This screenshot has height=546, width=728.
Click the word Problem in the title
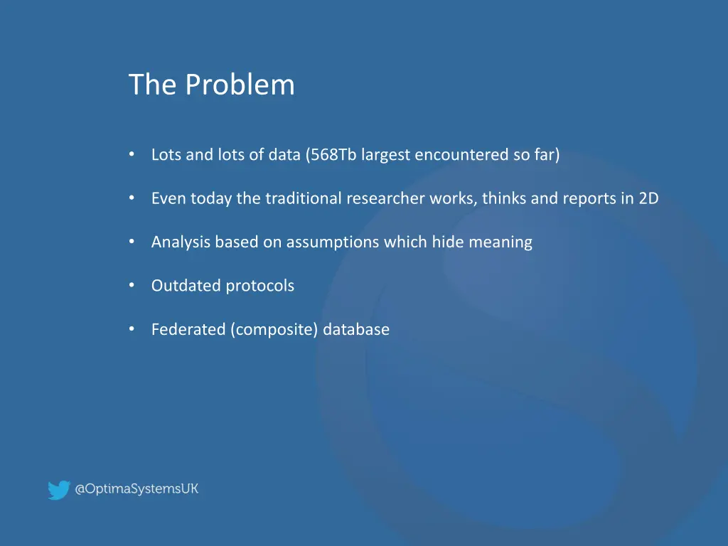point(240,85)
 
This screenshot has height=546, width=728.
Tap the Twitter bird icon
point(58,490)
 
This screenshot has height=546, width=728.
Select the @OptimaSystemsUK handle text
point(137,489)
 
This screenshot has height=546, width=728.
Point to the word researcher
point(385,199)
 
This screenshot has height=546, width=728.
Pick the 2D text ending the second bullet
point(648,199)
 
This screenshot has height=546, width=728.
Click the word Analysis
point(181,242)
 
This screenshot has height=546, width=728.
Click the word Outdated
point(186,286)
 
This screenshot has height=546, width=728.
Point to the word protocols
point(260,286)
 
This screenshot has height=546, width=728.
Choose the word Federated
point(188,330)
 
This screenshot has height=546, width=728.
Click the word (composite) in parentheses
point(274,330)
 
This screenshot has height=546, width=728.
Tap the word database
point(356,330)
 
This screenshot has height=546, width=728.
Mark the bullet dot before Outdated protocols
point(132,285)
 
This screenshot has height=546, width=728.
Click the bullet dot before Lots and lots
point(132,154)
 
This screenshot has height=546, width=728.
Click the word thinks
point(503,199)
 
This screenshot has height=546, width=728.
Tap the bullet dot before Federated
point(132,329)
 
